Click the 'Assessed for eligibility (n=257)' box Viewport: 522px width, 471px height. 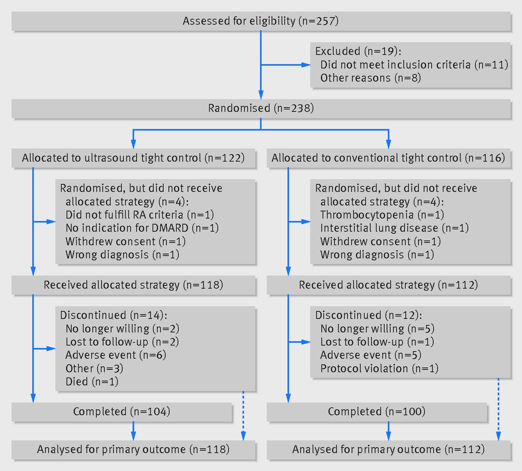261,21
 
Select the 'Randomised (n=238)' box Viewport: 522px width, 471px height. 261,108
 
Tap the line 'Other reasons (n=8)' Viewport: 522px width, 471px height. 371,78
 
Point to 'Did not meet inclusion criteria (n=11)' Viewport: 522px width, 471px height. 414,65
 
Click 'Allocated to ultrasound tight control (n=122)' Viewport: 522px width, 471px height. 133,158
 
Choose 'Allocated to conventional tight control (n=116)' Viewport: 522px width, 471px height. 389,158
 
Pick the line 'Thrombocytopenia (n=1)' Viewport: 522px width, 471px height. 382,215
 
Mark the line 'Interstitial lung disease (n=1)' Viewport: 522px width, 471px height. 394,228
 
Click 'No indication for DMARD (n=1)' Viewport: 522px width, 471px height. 142,228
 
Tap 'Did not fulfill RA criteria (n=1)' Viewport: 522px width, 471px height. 140,215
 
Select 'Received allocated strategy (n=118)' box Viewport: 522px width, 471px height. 133,285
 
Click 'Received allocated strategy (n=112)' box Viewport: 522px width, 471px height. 389,285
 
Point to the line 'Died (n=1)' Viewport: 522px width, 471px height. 92,382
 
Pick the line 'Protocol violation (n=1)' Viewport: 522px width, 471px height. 379,369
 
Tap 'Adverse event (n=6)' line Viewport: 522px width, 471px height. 116,355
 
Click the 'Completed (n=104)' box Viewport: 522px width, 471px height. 122,412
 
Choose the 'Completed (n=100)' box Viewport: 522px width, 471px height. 377,412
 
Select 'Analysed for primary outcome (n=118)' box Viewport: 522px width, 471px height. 133,450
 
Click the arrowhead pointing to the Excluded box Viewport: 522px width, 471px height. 306,65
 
